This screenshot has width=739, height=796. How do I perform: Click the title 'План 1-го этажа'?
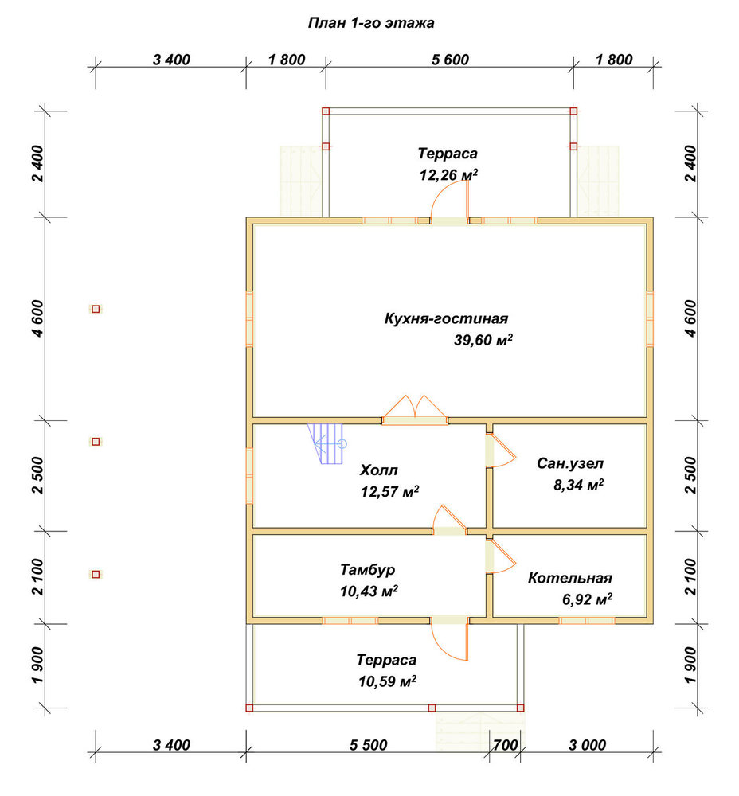tap(371, 23)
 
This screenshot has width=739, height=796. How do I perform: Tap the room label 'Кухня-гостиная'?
tap(446, 319)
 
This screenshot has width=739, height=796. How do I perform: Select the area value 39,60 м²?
tap(483, 340)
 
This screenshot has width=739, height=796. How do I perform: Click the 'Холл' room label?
tap(379, 470)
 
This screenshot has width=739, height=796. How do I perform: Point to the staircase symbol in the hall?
tap(326, 444)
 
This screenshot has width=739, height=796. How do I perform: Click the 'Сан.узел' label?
tap(570, 463)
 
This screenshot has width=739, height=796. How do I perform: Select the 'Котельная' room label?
tap(570, 578)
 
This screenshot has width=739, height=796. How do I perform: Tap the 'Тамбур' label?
tap(368, 570)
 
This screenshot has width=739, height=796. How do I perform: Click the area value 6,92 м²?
tap(587, 599)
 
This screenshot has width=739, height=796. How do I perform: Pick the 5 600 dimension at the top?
tap(450, 60)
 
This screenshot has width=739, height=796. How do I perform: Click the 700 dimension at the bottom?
tap(506, 745)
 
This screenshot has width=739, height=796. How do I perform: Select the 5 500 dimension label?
tap(368, 745)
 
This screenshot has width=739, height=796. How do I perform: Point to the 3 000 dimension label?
tap(587, 745)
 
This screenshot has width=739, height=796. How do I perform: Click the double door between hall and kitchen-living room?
tap(415, 410)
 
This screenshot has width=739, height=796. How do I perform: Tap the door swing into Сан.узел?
tap(502, 450)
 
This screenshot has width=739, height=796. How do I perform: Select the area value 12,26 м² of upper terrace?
tap(448, 174)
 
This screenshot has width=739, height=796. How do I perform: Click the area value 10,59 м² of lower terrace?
tap(388, 681)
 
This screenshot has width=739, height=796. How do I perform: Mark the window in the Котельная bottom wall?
tap(587, 620)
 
